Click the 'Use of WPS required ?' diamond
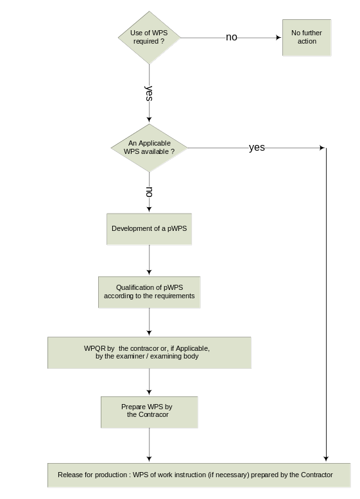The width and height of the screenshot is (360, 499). pos(150,38)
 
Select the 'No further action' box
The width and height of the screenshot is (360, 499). pos(307,38)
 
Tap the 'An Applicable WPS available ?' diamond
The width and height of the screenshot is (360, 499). pos(150,148)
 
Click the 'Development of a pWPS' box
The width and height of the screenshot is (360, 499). pos(150,229)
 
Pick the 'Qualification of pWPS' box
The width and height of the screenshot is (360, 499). pos(150,292)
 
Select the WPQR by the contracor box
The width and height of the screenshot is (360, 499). pos(150,353)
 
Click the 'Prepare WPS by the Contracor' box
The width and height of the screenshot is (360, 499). pos(150,412)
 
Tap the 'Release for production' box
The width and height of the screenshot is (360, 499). pos(199,475)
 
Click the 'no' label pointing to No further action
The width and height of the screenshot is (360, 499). pos(232,37)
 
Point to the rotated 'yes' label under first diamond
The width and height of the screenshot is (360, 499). pos(149,93)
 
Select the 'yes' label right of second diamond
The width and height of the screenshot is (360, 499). pos(257,148)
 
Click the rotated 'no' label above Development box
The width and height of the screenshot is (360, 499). pos(149,192)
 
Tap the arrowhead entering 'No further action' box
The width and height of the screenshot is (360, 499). pos(279,38)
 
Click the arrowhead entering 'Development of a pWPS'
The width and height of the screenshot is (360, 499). pos(149,209)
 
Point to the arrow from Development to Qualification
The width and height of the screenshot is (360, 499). pos(149,260)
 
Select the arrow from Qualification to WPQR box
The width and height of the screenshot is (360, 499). pos(149,322)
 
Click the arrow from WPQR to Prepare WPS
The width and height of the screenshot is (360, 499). pos(149,382)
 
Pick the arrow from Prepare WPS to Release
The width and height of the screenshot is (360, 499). pos(149,445)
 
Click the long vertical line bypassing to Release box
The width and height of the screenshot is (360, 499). pos(326,305)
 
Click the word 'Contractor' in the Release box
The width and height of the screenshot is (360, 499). pos(317,475)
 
